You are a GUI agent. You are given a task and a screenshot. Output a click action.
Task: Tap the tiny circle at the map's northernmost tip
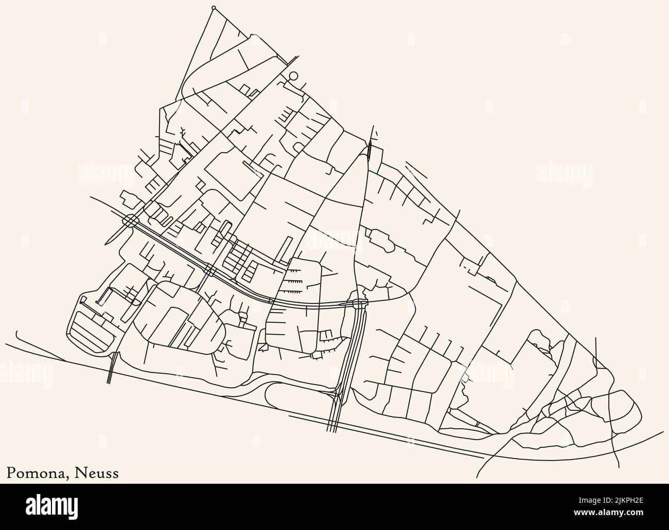(x=214, y=8)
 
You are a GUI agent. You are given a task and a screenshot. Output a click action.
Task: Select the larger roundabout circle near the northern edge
(x=293, y=76)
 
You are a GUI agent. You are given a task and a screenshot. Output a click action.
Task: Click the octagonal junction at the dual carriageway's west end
(x=131, y=221)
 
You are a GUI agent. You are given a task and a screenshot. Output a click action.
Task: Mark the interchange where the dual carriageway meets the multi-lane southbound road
(x=359, y=304)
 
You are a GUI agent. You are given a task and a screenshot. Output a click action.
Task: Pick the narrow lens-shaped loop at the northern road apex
(x=370, y=150)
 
